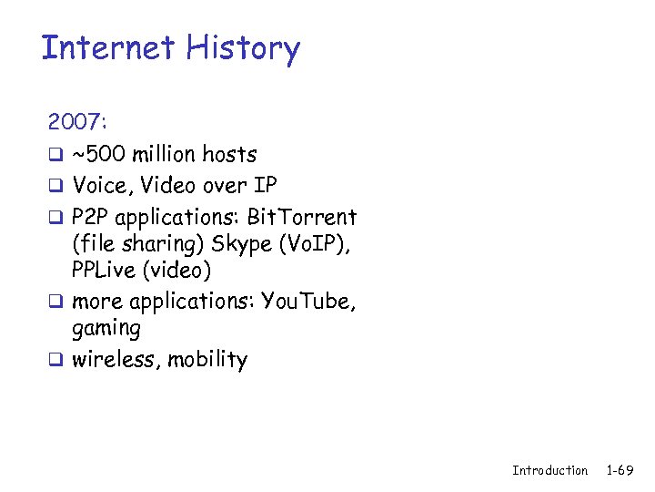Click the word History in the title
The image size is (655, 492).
tap(242, 47)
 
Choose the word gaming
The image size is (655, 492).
tap(106, 329)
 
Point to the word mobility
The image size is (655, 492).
tap(206, 360)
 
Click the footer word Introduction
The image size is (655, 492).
tap(549, 470)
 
